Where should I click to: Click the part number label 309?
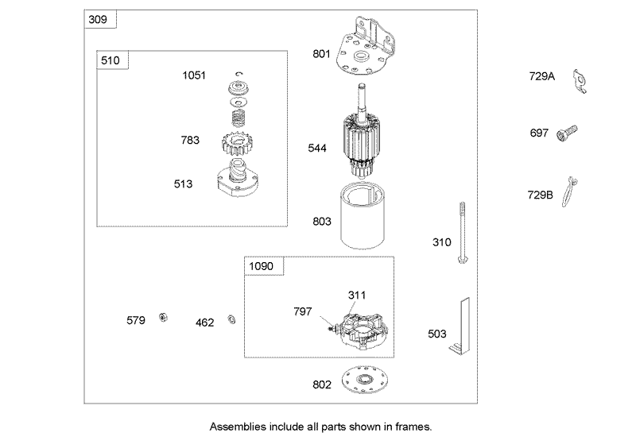click(x=98, y=19)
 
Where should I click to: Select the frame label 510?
click(x=111, y=60)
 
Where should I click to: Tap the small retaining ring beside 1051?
click(x=239, y=74)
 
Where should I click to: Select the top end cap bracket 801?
click(x=365, y=47)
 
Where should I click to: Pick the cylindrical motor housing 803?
click(x=363, y=215)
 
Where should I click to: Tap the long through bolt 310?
click(x=462, y=232)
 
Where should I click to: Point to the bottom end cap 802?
click(x=363, y=380)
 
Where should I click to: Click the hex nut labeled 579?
click(x=163, y=317)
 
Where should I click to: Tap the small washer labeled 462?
click(x=232, y=319)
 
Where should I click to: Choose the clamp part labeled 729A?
click(x=580, y=82)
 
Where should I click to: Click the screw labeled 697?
click(x=567, y=133)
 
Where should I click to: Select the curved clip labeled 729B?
click(x=569, y=191)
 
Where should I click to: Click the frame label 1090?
click(x=262, y=266)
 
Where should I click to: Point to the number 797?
click(x=303, y=311)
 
